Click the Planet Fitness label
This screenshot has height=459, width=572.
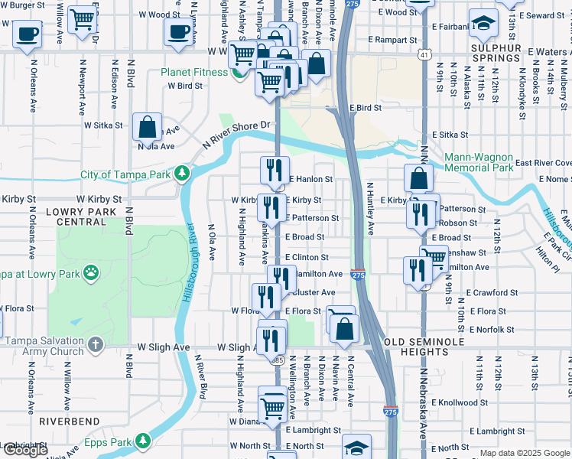(x=194, y=73)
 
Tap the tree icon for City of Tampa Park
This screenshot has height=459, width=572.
(x=181, y=174)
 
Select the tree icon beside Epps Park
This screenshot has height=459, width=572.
(x=142, y=441)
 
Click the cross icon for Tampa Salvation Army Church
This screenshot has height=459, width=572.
(x=95, y=346)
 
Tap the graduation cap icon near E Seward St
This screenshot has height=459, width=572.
(x=483, y=23)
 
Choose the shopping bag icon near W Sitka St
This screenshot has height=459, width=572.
(x=147, y=125)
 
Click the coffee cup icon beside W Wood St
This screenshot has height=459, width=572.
(x=178, y=31)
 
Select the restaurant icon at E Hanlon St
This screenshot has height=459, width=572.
(x=275, y=169)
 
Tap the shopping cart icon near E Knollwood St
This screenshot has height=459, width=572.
(x=272, y=403)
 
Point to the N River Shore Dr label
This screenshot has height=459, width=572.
(x=237, y=135)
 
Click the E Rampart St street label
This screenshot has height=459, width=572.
(x=392, y=40)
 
